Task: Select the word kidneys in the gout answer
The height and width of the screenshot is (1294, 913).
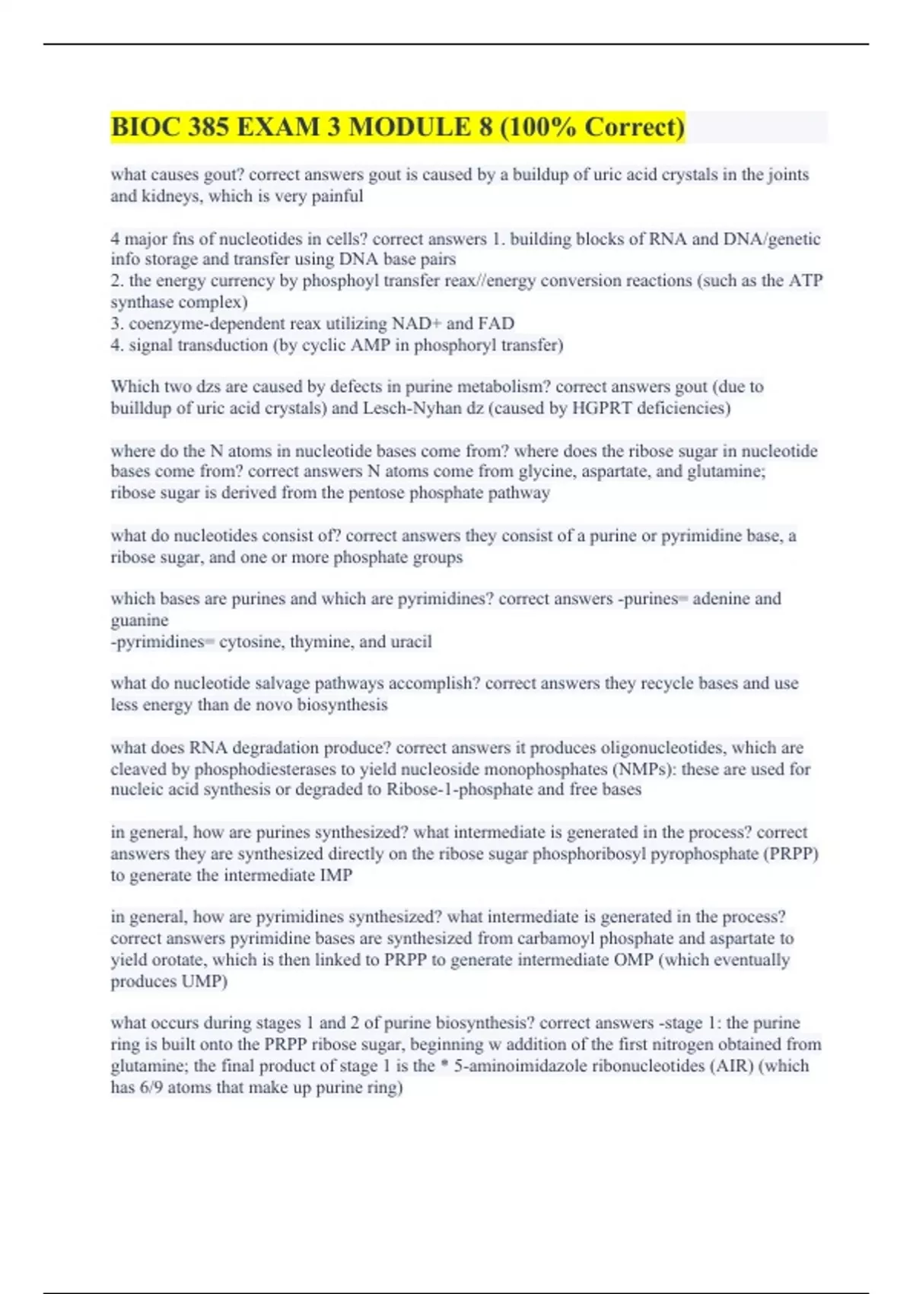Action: tap(171, 196)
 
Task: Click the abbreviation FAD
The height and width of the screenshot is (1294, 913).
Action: tap(496, 323)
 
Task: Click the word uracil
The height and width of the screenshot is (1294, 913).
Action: tap(411, 642)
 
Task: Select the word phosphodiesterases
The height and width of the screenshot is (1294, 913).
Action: tap(275, 770)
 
